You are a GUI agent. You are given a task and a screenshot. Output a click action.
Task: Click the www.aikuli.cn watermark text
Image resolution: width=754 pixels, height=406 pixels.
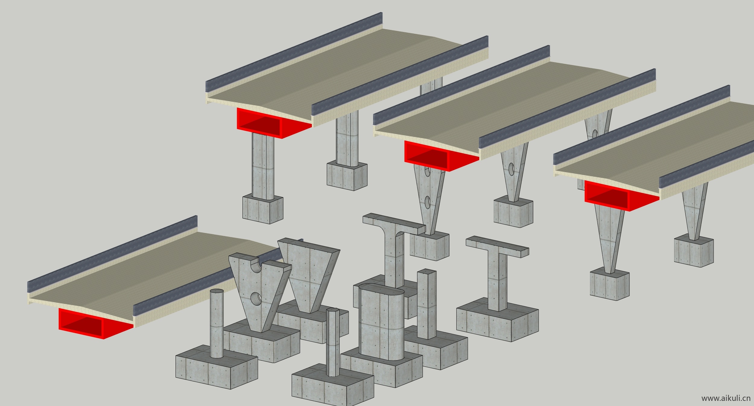tap(726, 398)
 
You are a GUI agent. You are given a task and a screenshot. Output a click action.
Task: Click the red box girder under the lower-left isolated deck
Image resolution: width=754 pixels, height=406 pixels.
tap(96, 323)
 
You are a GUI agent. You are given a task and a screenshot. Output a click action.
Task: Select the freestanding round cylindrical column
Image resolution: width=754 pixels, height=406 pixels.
tap(217, 323)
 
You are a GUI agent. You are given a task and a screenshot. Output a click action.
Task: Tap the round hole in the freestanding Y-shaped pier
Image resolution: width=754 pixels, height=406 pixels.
tap(256, 298)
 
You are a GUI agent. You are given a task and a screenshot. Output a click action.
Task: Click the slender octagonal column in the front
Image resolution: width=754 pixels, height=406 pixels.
tap(333, 342)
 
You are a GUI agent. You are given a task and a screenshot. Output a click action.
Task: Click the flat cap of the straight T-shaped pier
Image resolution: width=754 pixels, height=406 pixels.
tap(497, 247)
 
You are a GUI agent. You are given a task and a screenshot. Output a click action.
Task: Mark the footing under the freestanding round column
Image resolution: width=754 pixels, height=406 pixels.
tap(217, 367)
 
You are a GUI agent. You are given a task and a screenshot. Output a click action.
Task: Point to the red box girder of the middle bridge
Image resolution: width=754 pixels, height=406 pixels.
tap(441, 156)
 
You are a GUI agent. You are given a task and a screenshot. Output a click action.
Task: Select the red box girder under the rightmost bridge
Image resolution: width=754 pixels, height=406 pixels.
tap(622, 196)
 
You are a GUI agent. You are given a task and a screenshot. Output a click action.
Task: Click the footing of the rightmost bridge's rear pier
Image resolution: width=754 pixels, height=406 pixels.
tap(694, 250)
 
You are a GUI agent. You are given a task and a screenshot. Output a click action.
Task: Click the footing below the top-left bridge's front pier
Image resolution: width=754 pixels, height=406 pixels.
tap(263, 209)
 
